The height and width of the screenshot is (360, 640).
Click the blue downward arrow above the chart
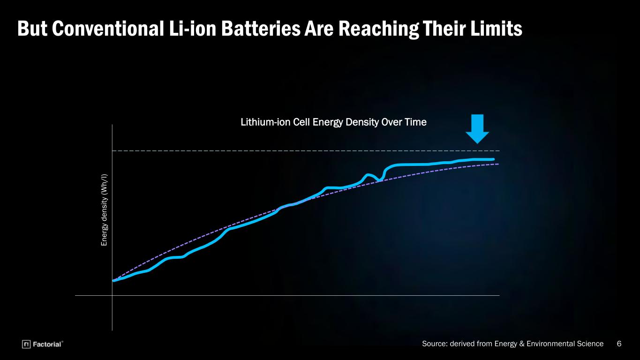coord(477,129)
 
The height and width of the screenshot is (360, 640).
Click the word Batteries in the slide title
coord(261,29)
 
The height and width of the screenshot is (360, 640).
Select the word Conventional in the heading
coord(108,29)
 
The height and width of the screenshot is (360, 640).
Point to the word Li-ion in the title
coord(193,29)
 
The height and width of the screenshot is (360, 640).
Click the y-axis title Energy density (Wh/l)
coord(104,210)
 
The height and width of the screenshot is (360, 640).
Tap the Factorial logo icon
coord(26,344)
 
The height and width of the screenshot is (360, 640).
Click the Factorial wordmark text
coord(47,344)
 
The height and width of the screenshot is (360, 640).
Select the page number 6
coord(619,344)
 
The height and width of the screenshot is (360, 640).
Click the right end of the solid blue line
coord(493,159)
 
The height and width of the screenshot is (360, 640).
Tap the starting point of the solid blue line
coord(114,281)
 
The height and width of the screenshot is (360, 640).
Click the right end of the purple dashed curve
coord(498,164)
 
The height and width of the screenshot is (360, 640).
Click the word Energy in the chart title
coord(328,122)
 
